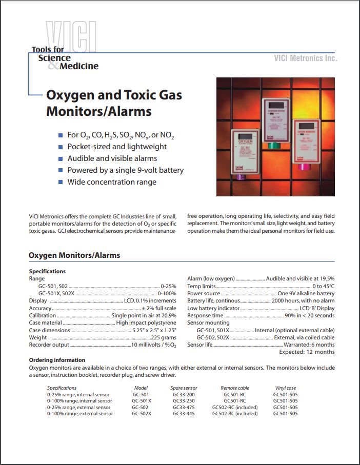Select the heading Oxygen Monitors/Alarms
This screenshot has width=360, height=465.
point(74,255)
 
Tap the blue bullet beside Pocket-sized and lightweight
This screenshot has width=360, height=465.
point(61,147)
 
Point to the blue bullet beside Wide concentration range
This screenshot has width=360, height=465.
point(61,182)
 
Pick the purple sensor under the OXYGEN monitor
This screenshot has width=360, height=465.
point(241,177)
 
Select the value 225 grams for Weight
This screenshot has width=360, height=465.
point(164,338)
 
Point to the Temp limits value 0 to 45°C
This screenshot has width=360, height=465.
point(323,286)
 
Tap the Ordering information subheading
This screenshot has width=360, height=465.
point(57,360)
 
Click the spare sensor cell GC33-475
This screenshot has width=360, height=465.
point(183,407)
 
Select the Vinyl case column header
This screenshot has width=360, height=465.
point(285,388)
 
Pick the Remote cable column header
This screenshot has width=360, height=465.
point(235,388)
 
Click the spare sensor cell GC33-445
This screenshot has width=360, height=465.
point(183,414)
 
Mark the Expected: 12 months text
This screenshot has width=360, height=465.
point(307,352)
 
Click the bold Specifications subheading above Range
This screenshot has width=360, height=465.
point(47,271)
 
